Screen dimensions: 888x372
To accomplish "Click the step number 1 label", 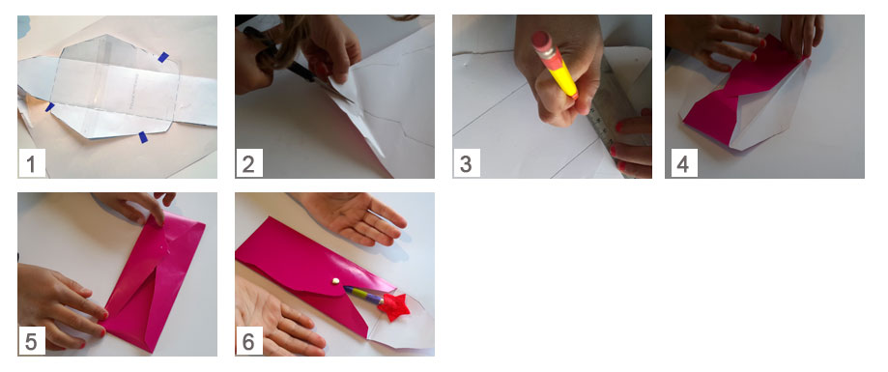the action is [31, 163].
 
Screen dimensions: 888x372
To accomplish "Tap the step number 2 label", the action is [248, 163].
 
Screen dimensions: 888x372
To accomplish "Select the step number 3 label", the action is [466, 163].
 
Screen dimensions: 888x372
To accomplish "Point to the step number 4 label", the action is [683, 163].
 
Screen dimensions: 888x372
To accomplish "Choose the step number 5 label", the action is [31, 341].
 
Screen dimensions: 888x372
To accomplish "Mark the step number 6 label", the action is [248, 341].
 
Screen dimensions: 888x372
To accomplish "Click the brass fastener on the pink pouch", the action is [335, 281].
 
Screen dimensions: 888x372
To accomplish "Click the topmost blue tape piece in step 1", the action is [163, 57].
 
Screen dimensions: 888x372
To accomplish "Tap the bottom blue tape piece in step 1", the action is [143, 137].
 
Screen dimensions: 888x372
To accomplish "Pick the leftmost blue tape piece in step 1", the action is [50, 106].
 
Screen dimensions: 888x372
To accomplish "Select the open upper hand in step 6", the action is [354, 216].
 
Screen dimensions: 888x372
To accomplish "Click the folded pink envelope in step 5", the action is [153, 283].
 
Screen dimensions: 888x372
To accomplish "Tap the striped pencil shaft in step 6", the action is [362, 296].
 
